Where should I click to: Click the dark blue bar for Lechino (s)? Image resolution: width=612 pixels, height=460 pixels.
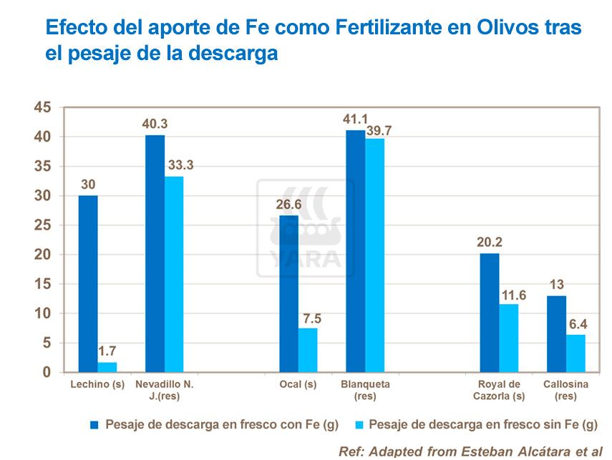tap(88, 284)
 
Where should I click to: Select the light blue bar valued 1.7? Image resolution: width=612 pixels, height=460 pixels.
tap(107, 367)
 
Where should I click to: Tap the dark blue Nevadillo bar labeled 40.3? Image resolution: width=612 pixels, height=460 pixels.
tap(155, 254)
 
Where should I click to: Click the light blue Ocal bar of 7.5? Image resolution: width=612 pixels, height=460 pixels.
tap(308, 350)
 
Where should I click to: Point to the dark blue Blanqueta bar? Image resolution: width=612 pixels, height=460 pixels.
tap(355, 251)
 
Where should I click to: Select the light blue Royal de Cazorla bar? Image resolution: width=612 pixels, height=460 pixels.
tap(508, 338)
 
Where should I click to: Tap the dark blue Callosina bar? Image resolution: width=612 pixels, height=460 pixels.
tap(557, 334)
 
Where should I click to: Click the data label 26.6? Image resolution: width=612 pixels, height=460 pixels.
tap(288, 206)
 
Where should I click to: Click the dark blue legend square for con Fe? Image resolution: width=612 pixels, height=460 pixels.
tap(94, 425)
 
